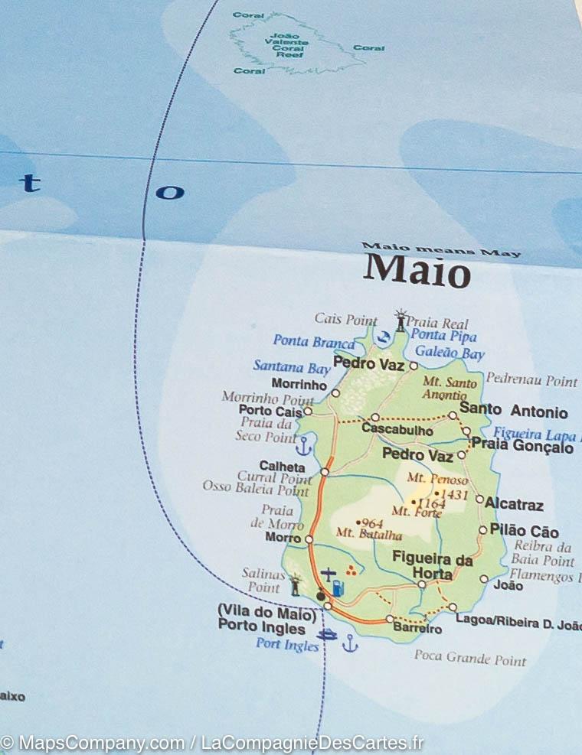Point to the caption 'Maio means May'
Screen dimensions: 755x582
(440, 249)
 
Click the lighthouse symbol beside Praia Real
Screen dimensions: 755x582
(400, 320)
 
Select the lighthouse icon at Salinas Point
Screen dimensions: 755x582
(295, 585)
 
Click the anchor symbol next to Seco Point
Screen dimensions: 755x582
(304, 444)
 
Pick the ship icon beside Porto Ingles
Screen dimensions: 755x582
(327, 634)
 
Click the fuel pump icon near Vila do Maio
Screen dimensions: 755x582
(338, 588)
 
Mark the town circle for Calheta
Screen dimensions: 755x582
(325, 472)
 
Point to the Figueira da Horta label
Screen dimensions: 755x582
(432, 566)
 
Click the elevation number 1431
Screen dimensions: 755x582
(454, 495)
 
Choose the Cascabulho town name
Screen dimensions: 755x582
(397, 431)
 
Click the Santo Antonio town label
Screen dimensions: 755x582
(513, 412)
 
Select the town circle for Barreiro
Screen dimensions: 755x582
(390, 618)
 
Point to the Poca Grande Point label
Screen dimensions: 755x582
(470, 657)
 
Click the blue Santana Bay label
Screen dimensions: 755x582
(291, 366)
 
